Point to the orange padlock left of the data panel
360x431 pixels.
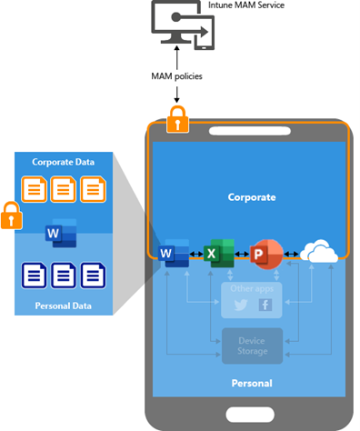click(x=12, y=216)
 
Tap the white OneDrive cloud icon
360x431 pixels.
click(x=319, y=253)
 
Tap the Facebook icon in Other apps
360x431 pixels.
click(x=265, y=305)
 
